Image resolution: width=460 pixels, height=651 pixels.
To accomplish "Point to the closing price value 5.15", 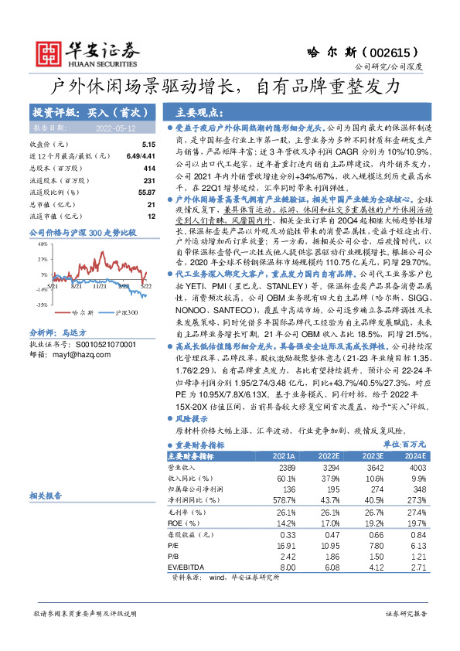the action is tap(149, 145).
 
